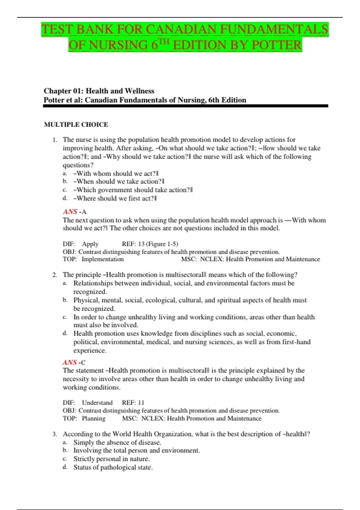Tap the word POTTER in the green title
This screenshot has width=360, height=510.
tap(277, 45)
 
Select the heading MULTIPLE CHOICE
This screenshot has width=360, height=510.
tap(76, 124)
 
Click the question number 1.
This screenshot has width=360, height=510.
tap(54, 140)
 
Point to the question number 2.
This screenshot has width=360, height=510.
tap(54, 275)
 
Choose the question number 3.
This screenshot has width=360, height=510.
tap(54, 434)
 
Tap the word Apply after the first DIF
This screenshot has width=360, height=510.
tap(90, 244)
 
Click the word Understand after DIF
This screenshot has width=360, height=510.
tap(97, 403)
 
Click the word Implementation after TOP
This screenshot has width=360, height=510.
tap(103, 259)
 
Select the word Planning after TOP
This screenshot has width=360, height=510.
tap(94, 418)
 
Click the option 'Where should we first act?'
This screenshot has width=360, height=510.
tap(115, 198)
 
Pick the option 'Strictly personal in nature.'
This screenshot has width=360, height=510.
tap(112, 459)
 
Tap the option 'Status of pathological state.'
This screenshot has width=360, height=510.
tap(113, 467)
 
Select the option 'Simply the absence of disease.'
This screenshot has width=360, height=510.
tap(117, 442)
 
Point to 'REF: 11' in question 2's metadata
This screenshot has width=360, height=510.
tap(133, 403)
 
